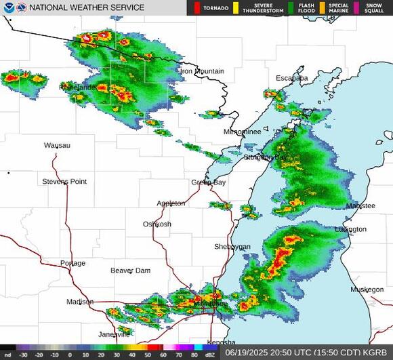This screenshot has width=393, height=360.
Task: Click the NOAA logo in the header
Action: coord(8,7)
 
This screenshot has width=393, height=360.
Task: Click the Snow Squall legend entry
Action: coord(371,7)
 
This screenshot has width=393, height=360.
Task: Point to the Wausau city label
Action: coord(57,145)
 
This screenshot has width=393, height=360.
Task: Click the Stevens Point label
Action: coord(64,182)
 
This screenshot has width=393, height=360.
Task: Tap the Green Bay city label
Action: coord(208,182)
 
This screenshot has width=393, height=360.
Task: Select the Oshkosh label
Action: coord(157,224)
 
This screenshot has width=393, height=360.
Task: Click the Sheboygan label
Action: coord(232,246)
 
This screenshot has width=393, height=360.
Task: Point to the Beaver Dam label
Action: coord(131,271)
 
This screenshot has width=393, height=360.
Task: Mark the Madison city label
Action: coord(80,302)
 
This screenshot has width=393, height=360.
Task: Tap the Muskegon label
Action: coord(367,289)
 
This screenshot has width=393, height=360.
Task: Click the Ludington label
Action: coord(350,229)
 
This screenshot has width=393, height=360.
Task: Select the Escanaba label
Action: coord(291,78)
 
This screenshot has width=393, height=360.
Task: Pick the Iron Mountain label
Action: coord(202,71)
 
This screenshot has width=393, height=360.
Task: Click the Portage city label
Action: coord(73,263)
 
